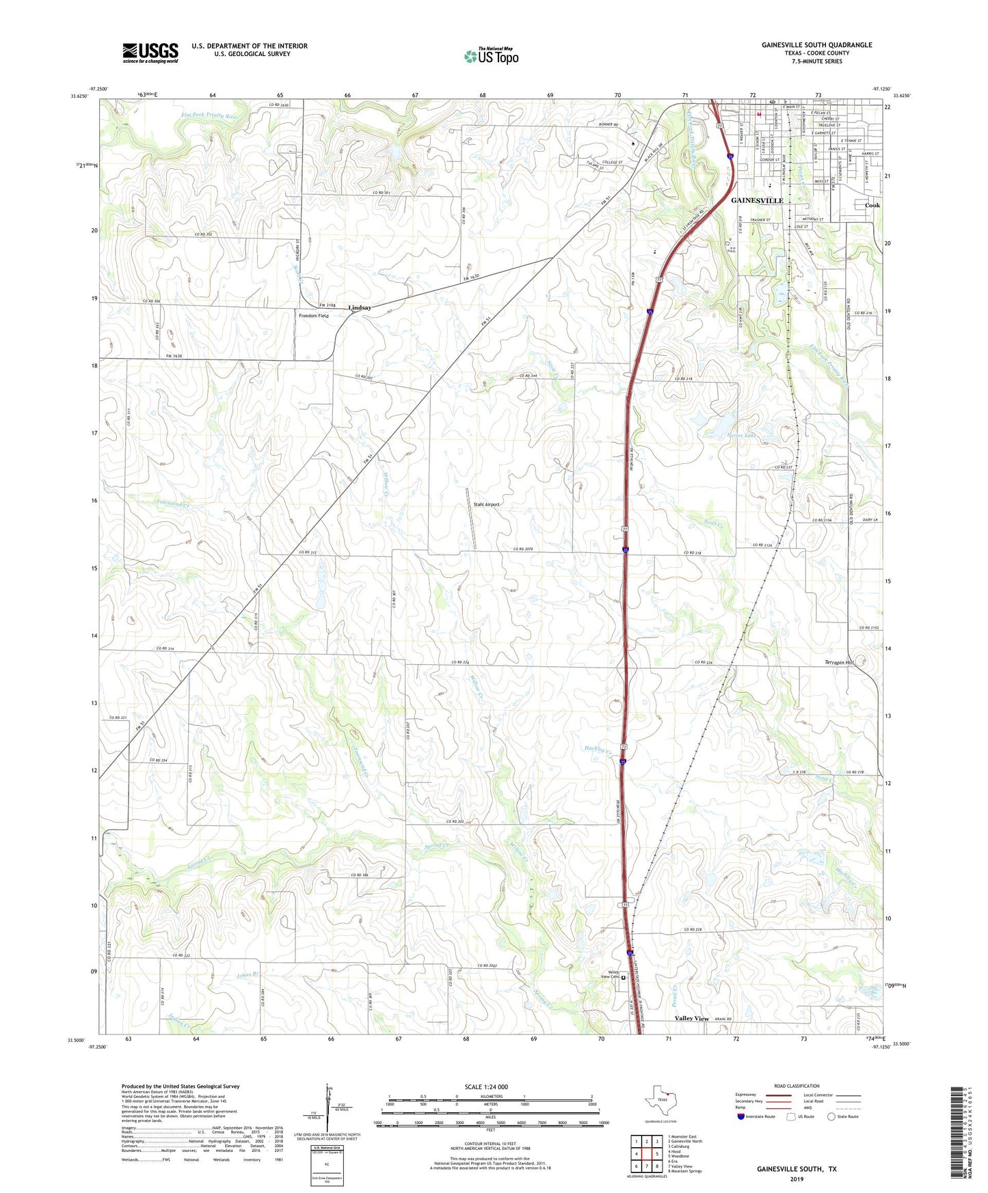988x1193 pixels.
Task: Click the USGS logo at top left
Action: [150, 53]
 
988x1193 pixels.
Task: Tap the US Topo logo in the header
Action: [491, 56]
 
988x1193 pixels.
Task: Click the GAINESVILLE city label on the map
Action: [756, 200]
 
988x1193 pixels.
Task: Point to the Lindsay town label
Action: [360, 307]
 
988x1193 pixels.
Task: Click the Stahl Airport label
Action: [486, 504]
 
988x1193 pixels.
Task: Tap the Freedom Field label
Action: [313, 316]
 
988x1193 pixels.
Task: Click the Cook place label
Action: [872, 205]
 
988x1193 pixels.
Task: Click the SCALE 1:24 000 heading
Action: [486, 1087]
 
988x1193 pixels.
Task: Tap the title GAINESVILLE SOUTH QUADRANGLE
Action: [816, 45]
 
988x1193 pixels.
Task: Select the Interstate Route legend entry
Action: [756, 1116]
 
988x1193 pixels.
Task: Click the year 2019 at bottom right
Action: [796, 1179]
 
